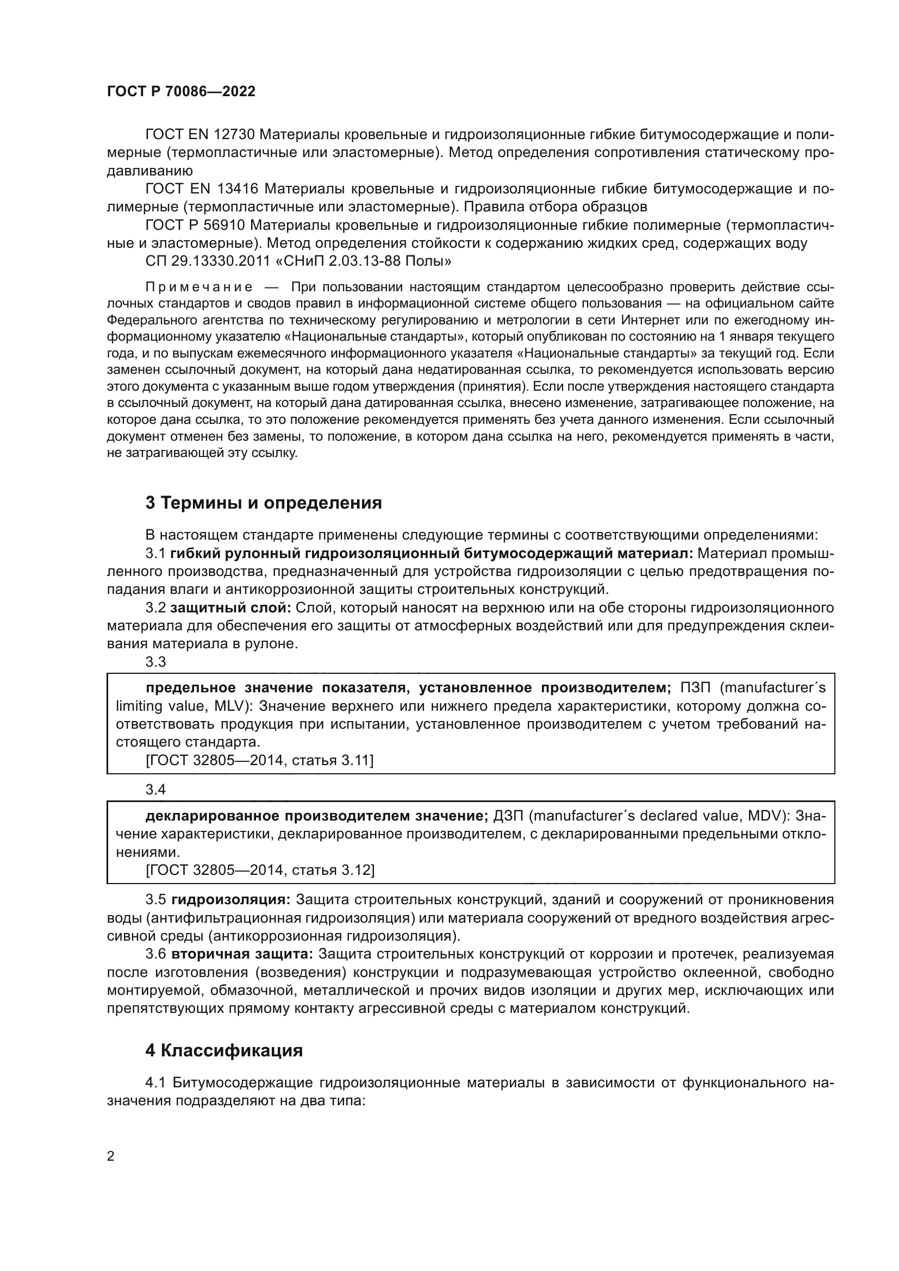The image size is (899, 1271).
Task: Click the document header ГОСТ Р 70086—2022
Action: click(x=181, y=92)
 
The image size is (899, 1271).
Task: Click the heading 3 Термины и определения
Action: click(x=264, y=503)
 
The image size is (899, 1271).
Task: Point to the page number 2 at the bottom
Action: click(x=111, y=1156)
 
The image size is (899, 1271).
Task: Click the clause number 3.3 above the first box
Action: click(x=155, y=662)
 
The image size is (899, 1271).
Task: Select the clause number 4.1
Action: click(x=155, y=1082)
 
